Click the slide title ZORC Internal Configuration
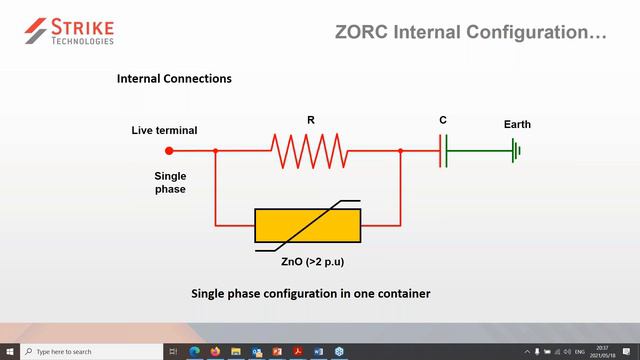tap(470, 33)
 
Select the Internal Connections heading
tap(175, 78)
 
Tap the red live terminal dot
tap(169, 151)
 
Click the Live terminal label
tap(164, 131)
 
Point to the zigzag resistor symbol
tap(309, 151)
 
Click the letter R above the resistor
tap(311, 121)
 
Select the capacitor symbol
tap(443, 151)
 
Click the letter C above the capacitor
tap(443, 121)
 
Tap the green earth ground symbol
tap(516, 151)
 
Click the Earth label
tap(517, 125)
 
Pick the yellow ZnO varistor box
tap(307, 226)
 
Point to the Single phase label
tap(170, 182)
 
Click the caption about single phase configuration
tap(310, 294)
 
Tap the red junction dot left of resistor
tap(216, 151)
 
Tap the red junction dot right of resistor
tap(400, 151)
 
